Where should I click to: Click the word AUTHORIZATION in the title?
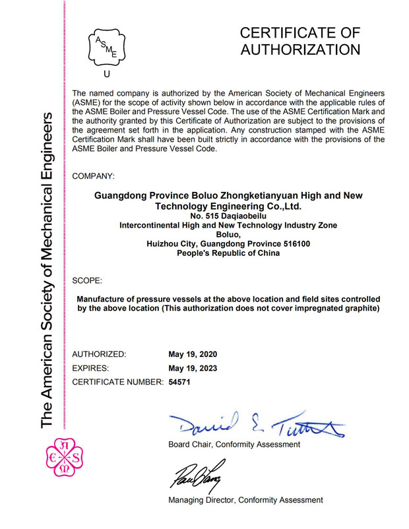click(x=300, y=49)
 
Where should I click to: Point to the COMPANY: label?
click(x=92, y=176)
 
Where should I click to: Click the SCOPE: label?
click(x=86, y=280)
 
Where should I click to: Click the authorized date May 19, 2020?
click(x=193, y=354)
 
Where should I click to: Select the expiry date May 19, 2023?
click(x=193, y=368)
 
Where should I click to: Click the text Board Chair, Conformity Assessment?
click(x=234, y=445)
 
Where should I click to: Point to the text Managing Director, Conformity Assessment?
click(x=245, y=500)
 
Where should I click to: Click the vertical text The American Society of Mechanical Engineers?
click(x=47, y=270)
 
